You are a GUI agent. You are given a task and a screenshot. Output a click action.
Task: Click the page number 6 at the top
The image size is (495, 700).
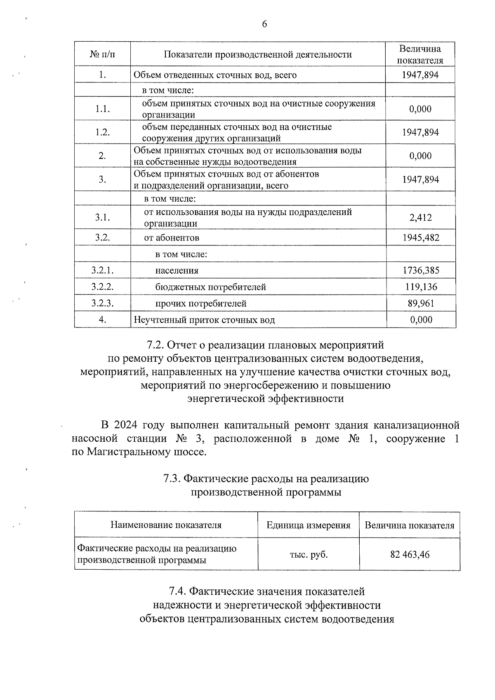(264, 24)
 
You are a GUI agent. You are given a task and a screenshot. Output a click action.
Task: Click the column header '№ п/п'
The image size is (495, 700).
(102, 54)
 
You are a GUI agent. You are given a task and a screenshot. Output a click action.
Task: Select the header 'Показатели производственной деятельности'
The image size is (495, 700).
(258, 54)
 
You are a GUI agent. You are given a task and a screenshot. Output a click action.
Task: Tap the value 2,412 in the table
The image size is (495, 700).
(420, 217)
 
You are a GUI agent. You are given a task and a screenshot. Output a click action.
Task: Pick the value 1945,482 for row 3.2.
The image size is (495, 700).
(420, 238)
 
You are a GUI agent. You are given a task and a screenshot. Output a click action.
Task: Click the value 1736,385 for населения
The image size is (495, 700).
(420, 271)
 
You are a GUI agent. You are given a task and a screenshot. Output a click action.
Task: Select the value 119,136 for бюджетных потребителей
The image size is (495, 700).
(420, 287)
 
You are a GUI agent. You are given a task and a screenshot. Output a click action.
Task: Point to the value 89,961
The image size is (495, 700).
(420, 304)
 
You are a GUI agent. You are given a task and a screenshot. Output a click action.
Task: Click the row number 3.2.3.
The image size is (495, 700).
(102, 304)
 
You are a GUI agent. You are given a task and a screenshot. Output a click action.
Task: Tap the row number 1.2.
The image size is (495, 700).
(102, 132)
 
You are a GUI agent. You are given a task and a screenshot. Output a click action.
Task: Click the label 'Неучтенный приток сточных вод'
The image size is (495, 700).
(204, 320)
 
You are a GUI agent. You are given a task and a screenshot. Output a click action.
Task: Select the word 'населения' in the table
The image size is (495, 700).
(177, 271)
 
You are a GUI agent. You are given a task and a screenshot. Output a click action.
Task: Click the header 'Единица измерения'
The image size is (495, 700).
(308, 525)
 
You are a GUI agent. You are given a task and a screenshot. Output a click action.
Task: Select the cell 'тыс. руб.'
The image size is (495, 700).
(309, 555)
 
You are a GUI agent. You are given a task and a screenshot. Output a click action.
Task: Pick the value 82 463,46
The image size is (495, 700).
(410, 555)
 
